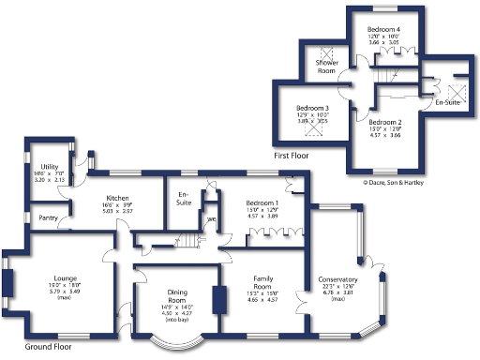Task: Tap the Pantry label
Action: pyautogui.click(x=45, y=218)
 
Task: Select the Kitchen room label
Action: pyautogui.click(x=117, y=199)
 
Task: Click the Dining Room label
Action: pyautogui.click(x=177, y=295)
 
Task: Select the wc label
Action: pyautogui.click(x=212, y=221)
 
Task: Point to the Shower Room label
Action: pyautogui.click(x=326, y=67)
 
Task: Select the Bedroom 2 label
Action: pyautogui.click(x=384, y=122)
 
